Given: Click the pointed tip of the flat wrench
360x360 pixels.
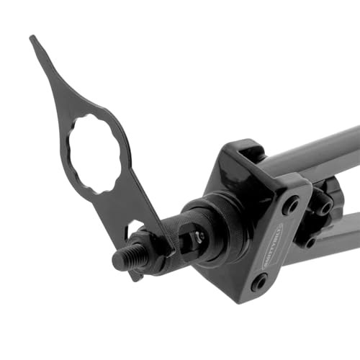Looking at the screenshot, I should [33, 40].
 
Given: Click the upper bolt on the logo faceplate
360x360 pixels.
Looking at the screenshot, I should [291, 207].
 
